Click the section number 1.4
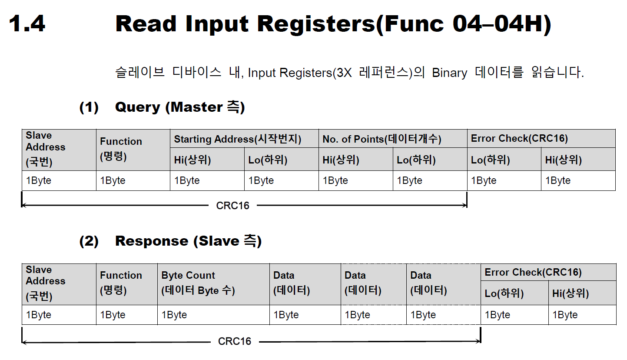pos(27,23)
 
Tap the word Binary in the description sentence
pos(449,73)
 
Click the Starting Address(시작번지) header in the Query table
pos(237,139)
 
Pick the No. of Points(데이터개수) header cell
pos(382,139)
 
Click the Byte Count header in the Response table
pos(188,275)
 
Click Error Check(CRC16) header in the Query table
pos(519,139)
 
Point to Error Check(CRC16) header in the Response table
pos(533,273)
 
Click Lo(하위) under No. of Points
pos(416,160)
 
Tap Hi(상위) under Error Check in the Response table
pos(571,293)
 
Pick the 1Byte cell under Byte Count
pos(174,315)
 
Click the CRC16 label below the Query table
pos(233,206)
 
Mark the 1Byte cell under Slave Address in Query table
pos(39,180)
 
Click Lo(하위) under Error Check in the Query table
pos(491,160)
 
